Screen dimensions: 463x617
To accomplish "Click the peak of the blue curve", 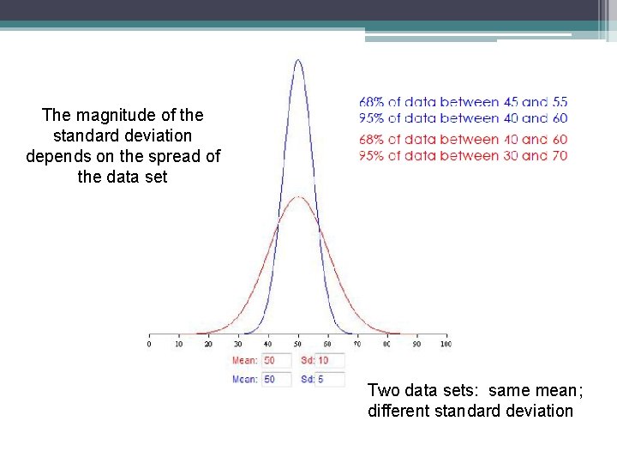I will click(x=298, y=60).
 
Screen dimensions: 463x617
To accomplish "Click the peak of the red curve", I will click(x=298, y=197).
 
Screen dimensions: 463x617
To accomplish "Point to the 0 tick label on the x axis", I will click(x=150, y=344).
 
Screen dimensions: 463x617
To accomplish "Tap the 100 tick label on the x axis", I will click(x=446, y=344).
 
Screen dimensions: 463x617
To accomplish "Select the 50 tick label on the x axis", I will click(x=298, y=344).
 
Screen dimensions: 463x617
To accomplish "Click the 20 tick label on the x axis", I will click(x=209, y=344).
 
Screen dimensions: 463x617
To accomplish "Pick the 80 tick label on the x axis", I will click(x=386, y=344).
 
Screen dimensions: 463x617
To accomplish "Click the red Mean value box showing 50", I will click(x=276, y=360).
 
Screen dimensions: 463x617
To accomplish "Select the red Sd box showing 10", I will click(x=330, y=360).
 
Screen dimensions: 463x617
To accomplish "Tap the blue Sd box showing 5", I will click(x=330, y=379).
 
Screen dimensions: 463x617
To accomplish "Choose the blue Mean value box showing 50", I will click(x=276, y=379).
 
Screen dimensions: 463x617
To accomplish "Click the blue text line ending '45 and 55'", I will click(x=463, y=102).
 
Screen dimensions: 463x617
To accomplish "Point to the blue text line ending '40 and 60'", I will click(x=463, y=118).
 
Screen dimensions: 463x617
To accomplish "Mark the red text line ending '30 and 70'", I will click(x=463, y=156).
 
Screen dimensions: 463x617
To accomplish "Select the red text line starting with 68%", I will click(x=463, y=139).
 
